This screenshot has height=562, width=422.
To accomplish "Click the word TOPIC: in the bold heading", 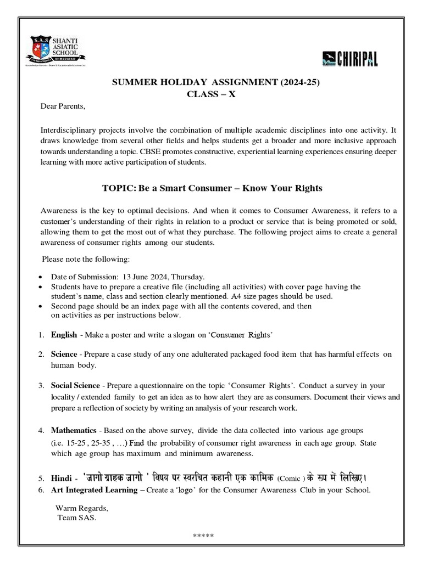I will [119, 188].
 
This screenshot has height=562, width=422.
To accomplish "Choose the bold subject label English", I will [64, 334].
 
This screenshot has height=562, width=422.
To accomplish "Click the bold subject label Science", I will [64, 355].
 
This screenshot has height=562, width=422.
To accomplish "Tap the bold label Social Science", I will [76, 385].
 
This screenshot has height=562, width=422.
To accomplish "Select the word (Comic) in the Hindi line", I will [291, 478].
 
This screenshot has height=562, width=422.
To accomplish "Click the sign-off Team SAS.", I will [77, 518].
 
